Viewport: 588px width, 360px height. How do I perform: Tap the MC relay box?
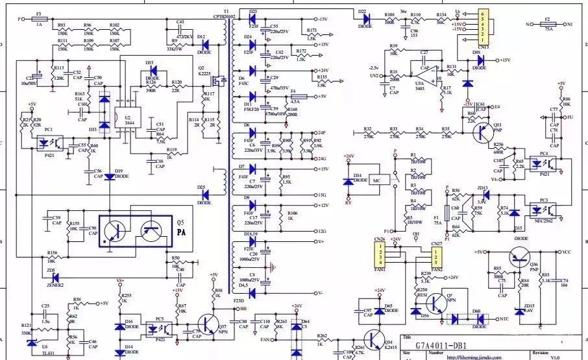point(376,181)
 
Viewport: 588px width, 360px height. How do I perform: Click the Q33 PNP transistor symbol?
point(482,132)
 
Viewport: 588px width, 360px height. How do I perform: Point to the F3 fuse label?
point(39,13)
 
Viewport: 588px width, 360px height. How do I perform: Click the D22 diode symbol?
point(361,19)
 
